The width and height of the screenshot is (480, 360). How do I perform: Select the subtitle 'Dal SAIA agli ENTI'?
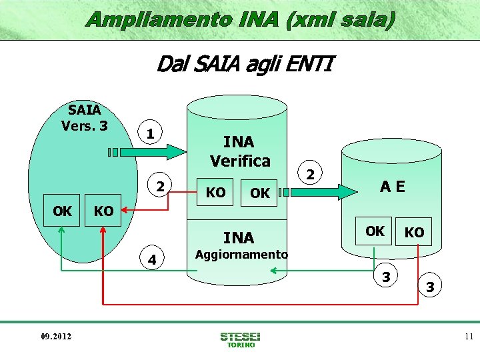244,65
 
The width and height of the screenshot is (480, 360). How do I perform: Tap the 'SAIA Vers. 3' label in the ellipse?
84,117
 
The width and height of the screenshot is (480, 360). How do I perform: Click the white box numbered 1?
151,133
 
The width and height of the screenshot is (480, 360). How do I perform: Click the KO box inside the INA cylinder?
215,193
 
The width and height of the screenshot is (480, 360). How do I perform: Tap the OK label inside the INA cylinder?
259,193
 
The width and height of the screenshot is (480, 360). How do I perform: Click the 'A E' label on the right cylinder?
392,187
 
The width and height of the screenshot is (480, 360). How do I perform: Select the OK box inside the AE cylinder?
374,231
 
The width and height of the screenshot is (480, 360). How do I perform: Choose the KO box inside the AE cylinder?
414,232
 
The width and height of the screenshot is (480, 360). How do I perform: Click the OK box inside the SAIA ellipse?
62,211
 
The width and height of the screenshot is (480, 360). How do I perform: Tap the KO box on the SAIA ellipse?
103,211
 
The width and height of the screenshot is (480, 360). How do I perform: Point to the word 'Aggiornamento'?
241,255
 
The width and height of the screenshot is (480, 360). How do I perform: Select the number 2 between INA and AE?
309,175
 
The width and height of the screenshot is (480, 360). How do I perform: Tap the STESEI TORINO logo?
240,339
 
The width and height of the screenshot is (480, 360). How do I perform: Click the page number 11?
469,337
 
